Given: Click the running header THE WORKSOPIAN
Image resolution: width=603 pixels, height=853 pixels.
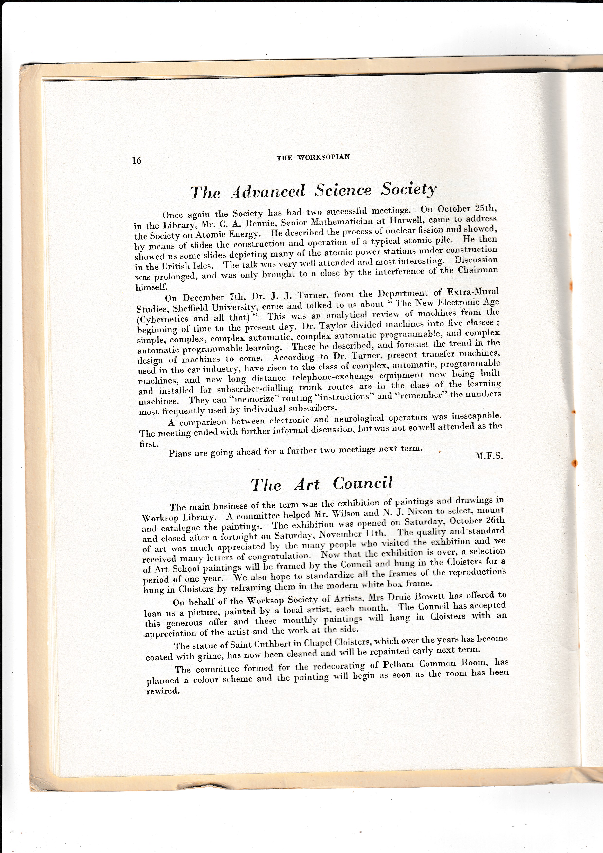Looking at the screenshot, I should (x=313, y=157).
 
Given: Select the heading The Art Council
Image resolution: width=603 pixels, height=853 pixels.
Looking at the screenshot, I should (x=321, y=484).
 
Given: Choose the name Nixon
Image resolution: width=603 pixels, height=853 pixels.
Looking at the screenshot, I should (x=422, y=512).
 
